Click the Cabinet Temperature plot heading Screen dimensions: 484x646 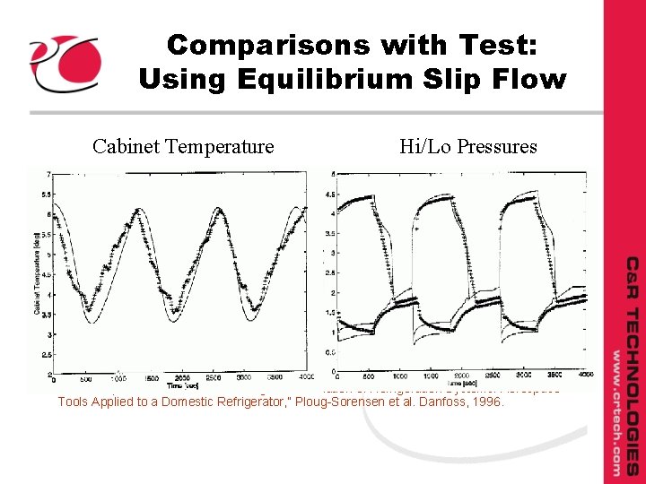(x=183, y=146)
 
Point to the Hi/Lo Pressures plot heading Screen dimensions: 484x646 (x=468, y=146)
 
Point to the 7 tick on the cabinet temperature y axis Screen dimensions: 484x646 (x=46, y=174)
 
